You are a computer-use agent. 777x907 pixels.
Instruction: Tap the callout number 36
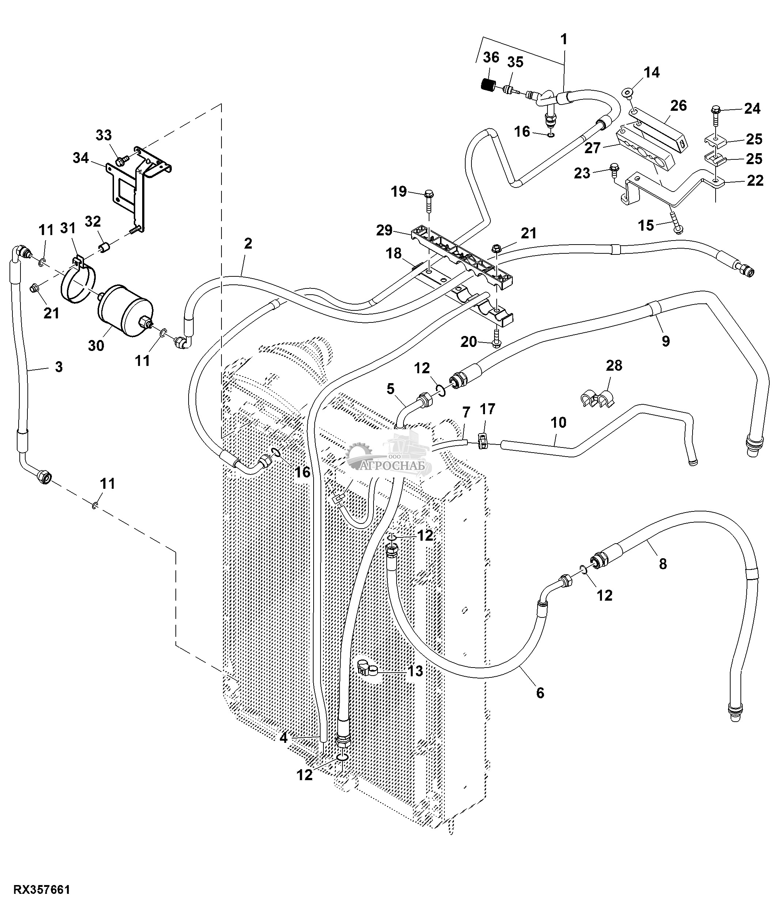point(491,57)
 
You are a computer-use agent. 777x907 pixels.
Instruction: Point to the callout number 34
point(81,158)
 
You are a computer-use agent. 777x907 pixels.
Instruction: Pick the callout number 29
point(384,230)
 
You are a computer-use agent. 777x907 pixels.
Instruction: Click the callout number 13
point(415,670)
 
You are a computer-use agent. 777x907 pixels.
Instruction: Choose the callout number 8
point(662,564)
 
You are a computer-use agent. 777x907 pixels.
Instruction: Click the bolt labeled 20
point(496,342)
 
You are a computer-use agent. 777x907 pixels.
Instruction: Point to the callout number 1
point(564,39)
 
